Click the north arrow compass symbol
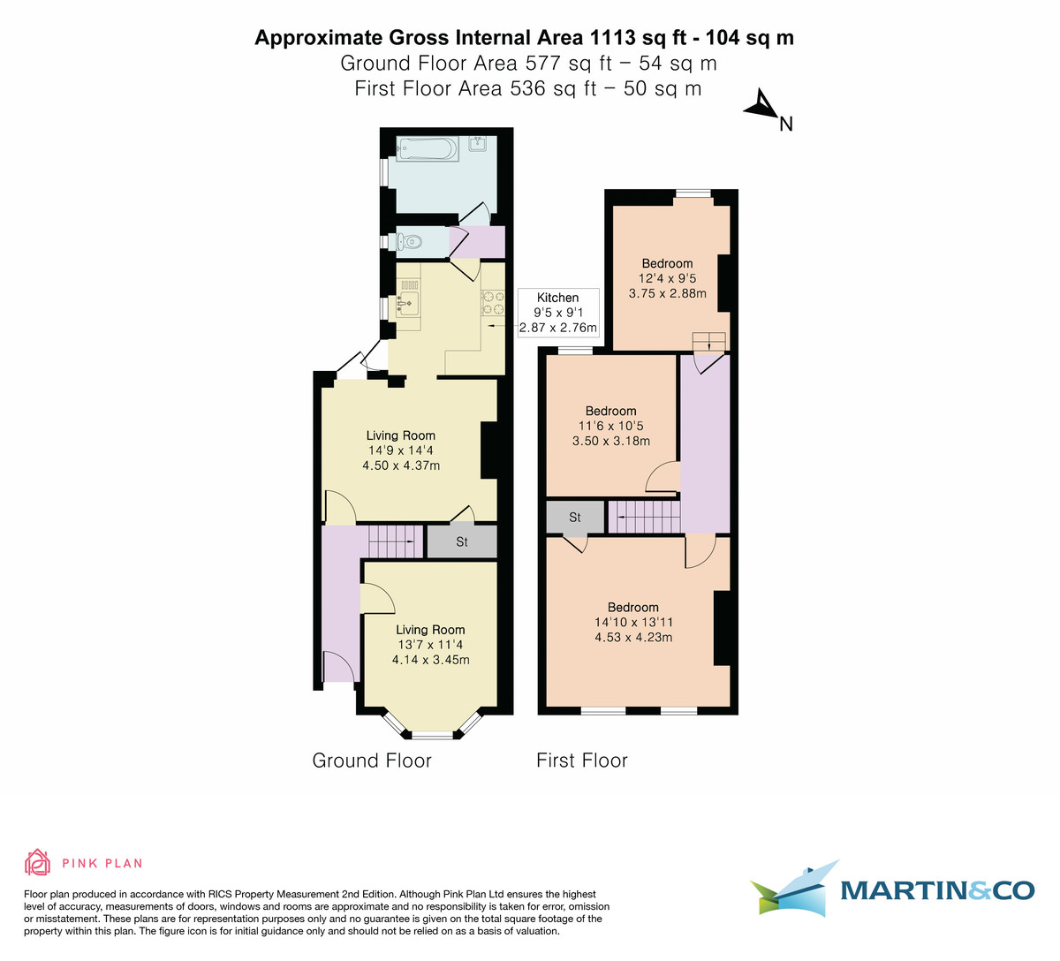[761, 107]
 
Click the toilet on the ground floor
[407, 240]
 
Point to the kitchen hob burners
[492, 303]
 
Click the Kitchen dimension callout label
[558, 313]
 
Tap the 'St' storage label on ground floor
[462, 541]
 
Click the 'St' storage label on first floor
[575, 517]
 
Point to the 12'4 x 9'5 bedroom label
[667, 278]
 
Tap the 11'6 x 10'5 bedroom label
[610, 426]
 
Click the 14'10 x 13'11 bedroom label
[633, 622]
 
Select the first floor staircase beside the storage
[645, 516]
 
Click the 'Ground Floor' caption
[372, 760]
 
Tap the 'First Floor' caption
[581, 760]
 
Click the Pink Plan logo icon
[38, 862]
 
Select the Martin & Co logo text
[936, 889]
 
